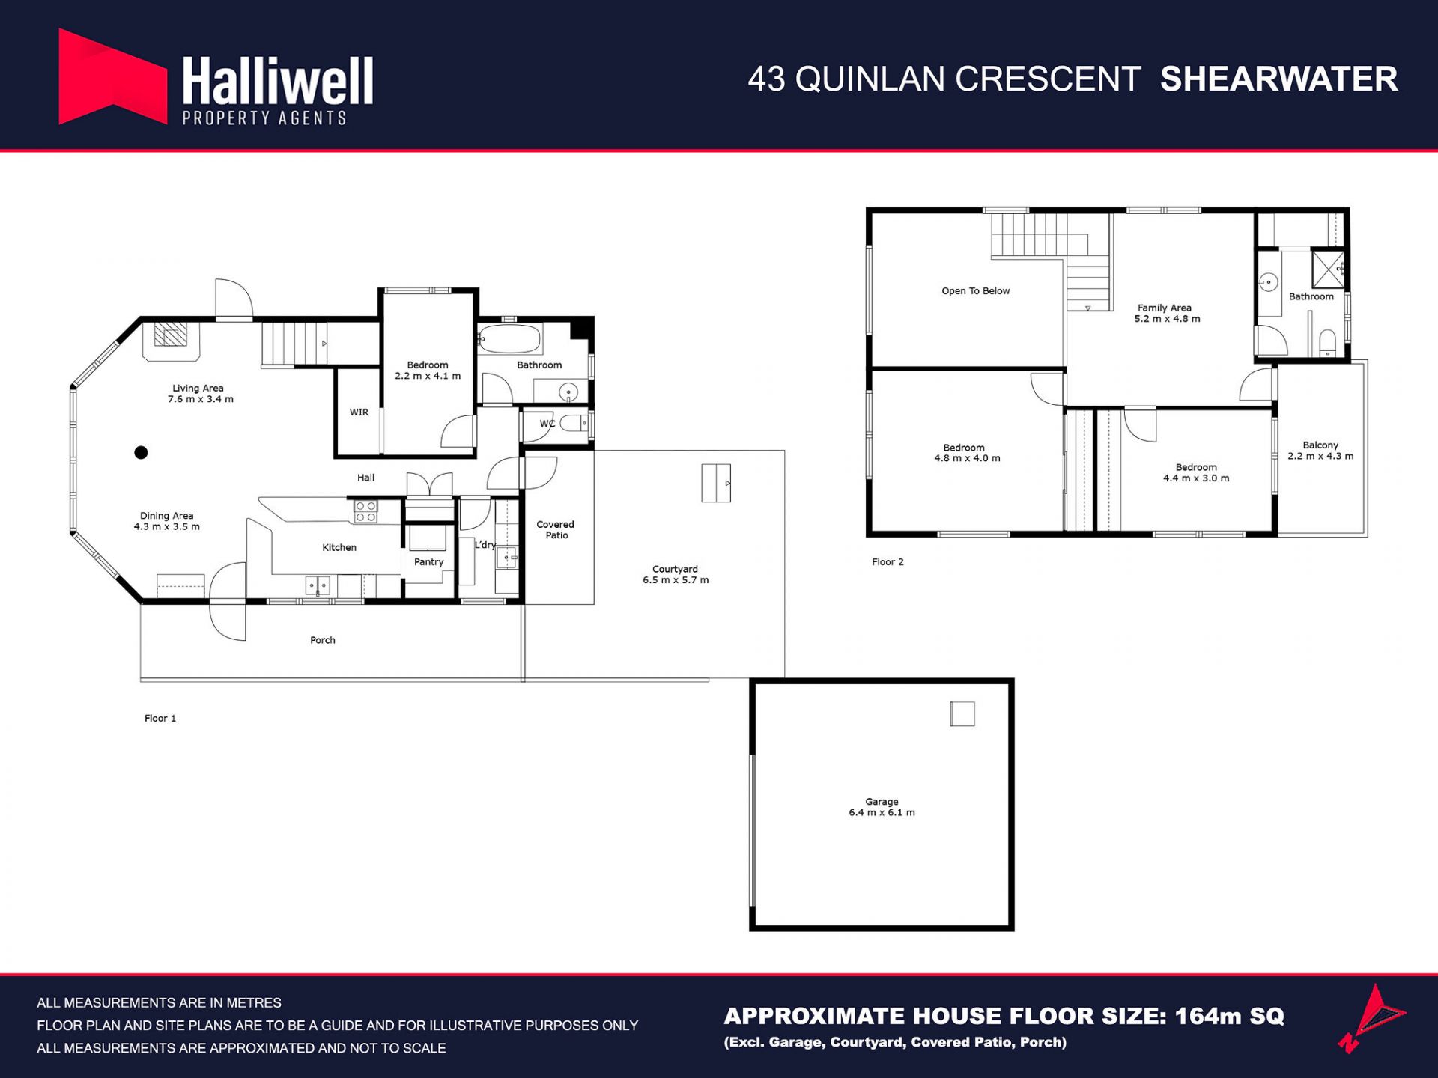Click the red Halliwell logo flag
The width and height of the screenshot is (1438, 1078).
point(112,77)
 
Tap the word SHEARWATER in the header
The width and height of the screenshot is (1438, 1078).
point(1278,79)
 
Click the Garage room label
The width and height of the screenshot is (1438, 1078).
point(882,801)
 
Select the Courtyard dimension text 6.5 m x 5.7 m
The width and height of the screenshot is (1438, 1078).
point(676,580)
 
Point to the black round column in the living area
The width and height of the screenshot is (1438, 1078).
point(141,452)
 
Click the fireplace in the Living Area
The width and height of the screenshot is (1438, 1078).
point(171,335)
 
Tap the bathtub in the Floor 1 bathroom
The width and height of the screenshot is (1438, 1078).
point(509,338)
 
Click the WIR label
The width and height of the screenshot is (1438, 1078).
point(359,412)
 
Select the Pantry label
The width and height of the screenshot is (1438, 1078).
point(428,562)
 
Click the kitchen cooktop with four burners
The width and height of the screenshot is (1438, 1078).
point(365,512)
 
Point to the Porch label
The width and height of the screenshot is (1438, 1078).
point(323,640)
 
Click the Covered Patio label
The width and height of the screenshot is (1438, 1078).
point(556,530)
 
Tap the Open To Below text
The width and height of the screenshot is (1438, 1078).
point(975,291)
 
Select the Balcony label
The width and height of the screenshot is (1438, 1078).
point(1320,445)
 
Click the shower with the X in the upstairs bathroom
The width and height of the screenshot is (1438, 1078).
point(1328,269)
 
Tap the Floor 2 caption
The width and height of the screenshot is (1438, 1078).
point(888,562)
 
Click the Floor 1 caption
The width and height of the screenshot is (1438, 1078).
point(160,719)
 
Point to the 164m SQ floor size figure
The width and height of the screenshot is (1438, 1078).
point(1229,1016)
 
